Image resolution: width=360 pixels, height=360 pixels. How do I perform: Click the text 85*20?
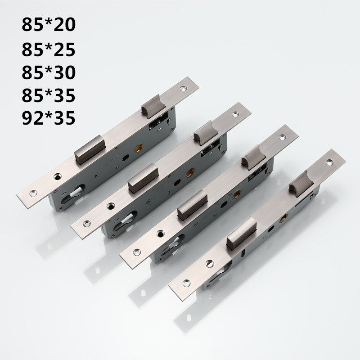click(49, 23)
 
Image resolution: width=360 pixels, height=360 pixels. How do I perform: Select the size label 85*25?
click(49, 47)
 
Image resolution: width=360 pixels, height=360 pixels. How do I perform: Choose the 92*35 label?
click(49, 117)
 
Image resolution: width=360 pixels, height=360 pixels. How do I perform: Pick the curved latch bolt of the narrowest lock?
click(301, 183)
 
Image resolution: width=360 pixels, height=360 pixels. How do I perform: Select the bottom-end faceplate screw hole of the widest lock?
click(34, 193)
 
